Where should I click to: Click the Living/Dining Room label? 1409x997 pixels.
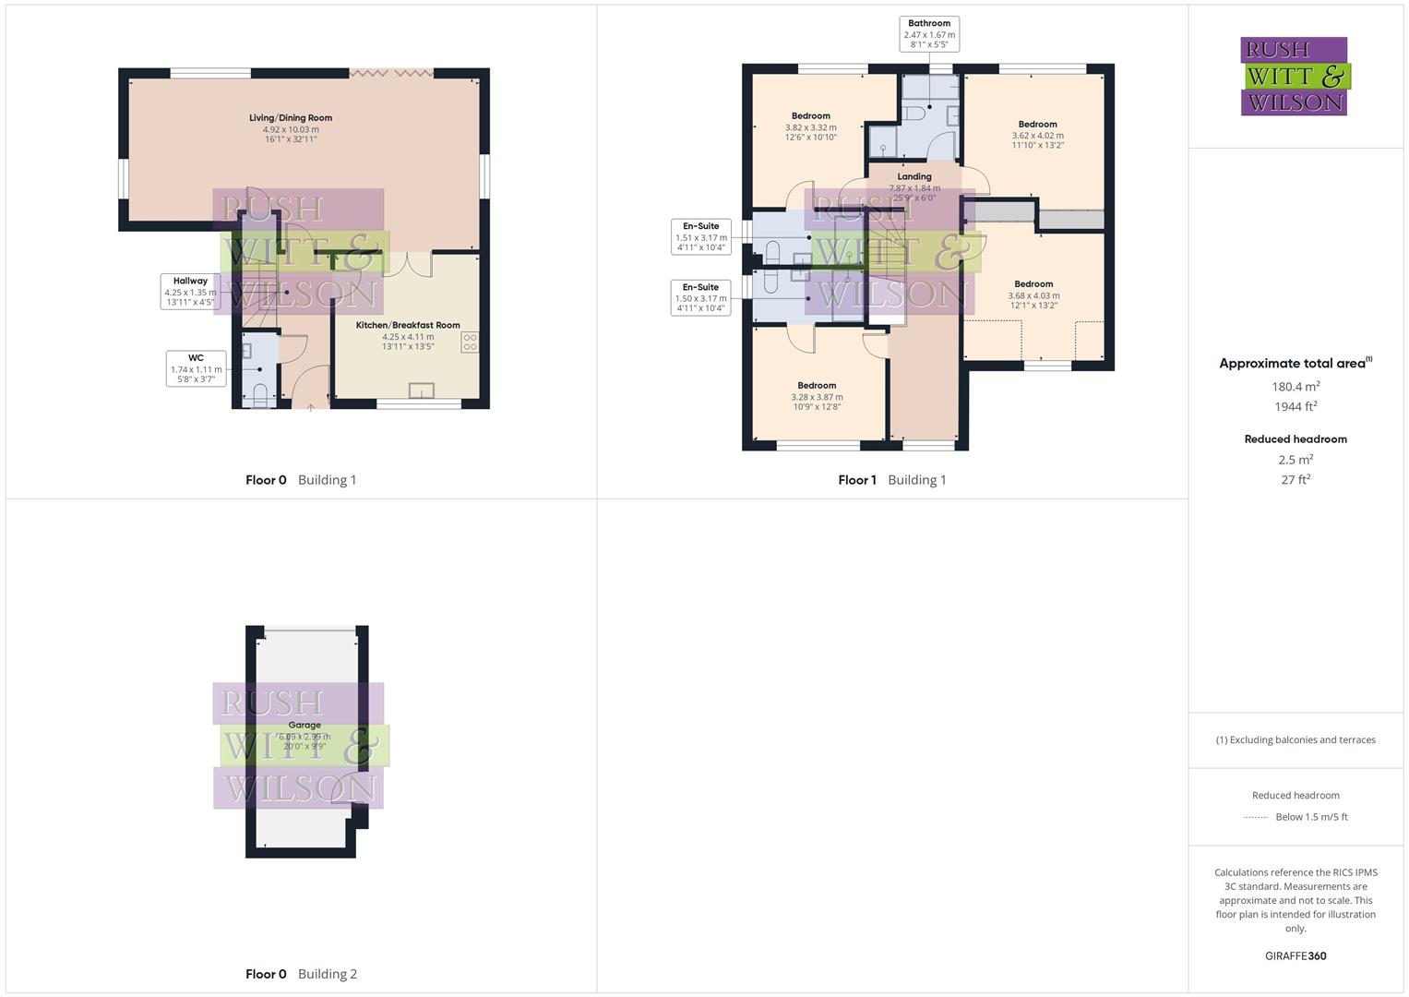point(291,118)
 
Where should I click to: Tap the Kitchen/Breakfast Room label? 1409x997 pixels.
point(408,326)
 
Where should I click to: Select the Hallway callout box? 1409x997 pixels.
point(190,291)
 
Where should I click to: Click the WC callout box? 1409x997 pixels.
point(196,368)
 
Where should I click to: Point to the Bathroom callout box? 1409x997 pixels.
point(928,34)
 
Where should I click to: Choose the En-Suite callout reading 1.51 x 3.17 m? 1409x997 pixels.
point(700,236)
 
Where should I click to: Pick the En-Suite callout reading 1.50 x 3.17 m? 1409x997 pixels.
point(700,297)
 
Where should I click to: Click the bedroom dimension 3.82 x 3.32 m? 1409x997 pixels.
point(810,127)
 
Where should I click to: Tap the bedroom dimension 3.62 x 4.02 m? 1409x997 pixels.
point(1037,136)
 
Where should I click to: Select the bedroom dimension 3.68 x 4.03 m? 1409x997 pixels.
point(1033,295)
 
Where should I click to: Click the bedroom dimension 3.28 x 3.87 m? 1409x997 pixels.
point(817,397)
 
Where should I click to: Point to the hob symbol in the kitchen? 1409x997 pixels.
point(470,342)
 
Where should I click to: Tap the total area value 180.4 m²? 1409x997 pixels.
point(1296,387)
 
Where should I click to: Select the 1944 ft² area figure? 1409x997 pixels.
point(1296,406)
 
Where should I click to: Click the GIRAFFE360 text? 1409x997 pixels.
point(1296,955)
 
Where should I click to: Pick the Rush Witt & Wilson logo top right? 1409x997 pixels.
point(1294,76)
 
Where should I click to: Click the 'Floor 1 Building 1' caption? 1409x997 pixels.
point(891,480)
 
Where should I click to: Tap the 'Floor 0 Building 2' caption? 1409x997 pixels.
point(301,974)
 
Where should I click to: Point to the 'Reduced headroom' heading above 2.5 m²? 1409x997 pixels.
point(1296,439)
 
